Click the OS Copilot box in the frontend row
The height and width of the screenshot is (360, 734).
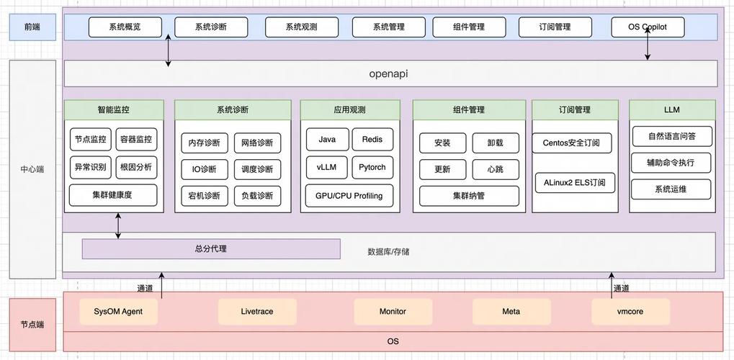point(648,27)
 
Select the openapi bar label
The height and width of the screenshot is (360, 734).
point(388,73)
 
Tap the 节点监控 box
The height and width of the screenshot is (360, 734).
point(90,140)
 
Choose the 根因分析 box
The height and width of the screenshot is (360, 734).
point(136,168)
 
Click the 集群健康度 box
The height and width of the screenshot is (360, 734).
point(112,194)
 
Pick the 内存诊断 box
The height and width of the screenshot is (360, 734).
point(204,143)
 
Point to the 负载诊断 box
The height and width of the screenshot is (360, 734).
point(257,195)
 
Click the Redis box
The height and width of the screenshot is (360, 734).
point(372,140)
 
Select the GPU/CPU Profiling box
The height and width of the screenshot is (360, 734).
point(349,195)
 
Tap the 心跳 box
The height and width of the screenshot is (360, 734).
point(495,170)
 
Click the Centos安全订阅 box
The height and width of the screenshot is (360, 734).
point(576,143)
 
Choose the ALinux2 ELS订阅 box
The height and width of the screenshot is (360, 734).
point(575,182)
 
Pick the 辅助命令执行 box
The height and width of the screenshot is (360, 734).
point(671,163)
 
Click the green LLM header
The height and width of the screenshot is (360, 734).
point(672,110)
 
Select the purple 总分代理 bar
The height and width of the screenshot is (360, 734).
point(210,249)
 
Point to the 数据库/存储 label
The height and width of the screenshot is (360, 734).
point(388,252)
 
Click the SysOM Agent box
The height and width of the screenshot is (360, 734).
point(118,312)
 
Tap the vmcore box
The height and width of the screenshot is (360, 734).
point(630,312)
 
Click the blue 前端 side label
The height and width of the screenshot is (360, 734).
point(32,27)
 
